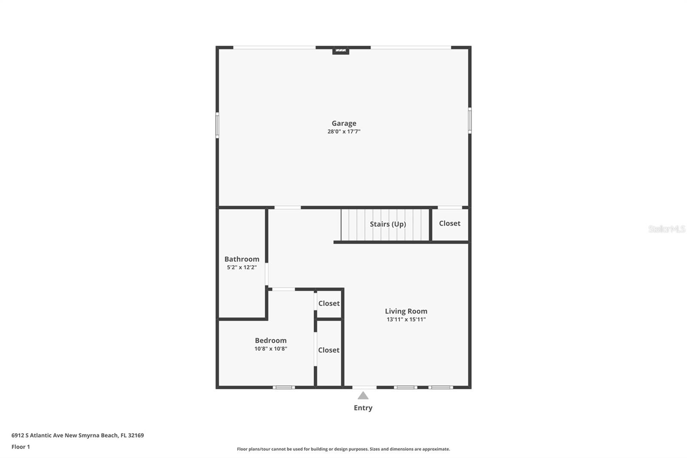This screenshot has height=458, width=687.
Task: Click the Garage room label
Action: coord(343,123)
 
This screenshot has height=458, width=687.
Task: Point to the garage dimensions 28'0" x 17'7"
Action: coord(343,131)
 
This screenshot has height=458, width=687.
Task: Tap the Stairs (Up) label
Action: coord(388,224)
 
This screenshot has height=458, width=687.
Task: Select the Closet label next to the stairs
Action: coord(450,223)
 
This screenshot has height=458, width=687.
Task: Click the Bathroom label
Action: coord(242,259)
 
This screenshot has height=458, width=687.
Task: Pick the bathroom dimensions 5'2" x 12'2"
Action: coord(242,267)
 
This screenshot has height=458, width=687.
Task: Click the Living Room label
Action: coord(406,311)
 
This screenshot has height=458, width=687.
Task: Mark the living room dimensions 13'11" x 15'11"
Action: coord(406,319)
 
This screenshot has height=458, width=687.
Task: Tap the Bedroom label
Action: coord(271,341)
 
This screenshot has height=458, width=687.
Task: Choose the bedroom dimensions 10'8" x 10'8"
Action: coord(271,349)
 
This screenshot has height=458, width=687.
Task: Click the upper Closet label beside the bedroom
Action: coord(329,303)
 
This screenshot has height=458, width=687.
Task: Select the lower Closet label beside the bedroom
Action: coord(329,350)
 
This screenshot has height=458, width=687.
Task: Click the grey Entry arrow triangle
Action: coord(363,396)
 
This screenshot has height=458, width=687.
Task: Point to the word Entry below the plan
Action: coord(363,408)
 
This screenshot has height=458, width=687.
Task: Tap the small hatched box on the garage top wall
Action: coord(340,50)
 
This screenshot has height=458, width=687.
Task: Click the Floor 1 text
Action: coord(21,447)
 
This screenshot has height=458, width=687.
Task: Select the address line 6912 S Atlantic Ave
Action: coord(77,435)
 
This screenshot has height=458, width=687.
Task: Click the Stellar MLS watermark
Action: coord(666,229)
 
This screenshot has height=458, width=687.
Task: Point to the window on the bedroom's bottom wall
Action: coord(284,388)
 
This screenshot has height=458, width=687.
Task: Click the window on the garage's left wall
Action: coord(217,125)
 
